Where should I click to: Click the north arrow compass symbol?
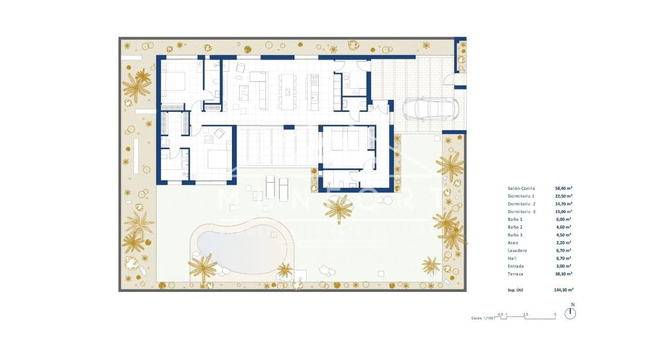(x=570, y=314)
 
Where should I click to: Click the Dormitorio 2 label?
(x=521, y=204)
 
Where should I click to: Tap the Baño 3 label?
(x=515, y=235)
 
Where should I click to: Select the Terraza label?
(x=516, y=274)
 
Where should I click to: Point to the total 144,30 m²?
(x=562, y=291)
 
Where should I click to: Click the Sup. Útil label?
(x=517, y=291)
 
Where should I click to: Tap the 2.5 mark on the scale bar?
(x=525, y=314)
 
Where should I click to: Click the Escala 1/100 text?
(x=483, y=318)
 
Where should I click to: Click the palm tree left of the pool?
(x=202, y=268)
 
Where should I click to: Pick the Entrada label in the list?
(x=515, y=266)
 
